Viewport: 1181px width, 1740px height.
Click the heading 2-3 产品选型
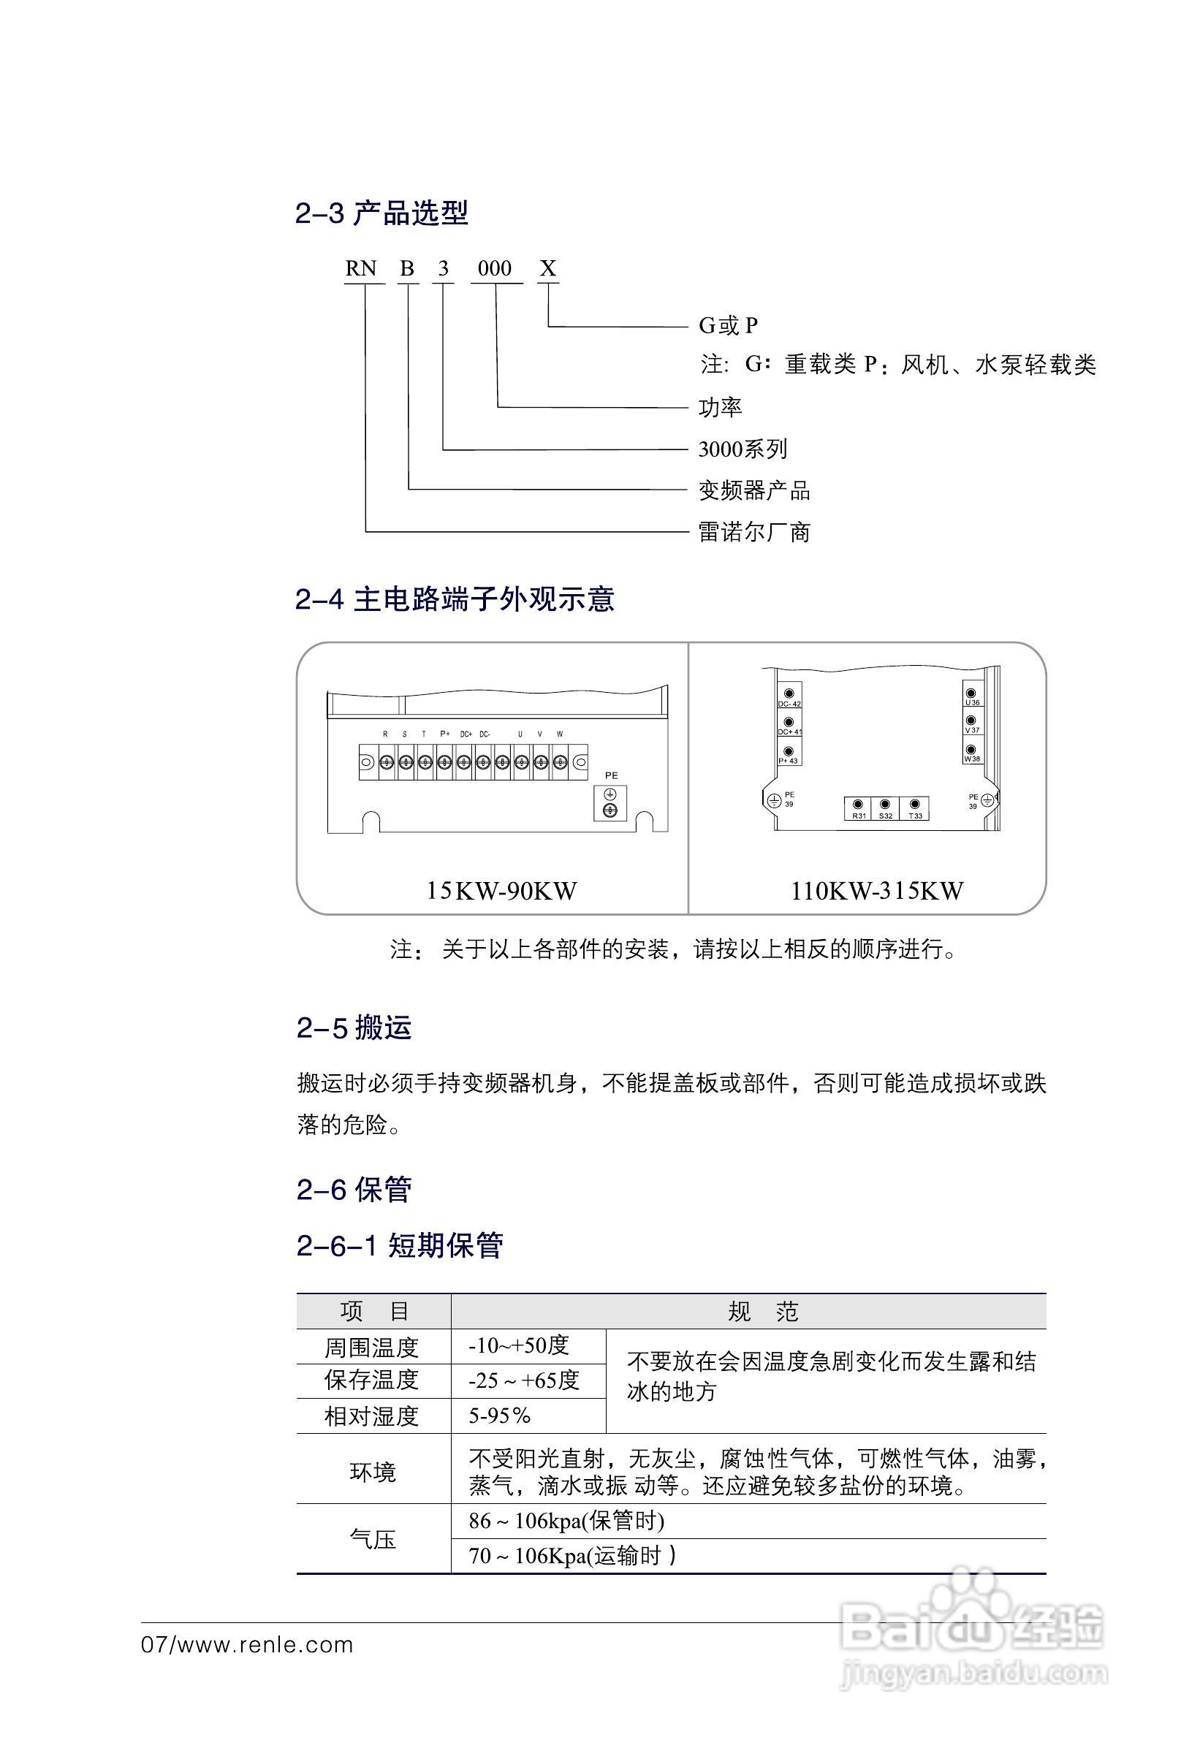tap(381, 213)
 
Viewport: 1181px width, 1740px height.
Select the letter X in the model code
tap(548, 269)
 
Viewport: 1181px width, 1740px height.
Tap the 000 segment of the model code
tap(494, 269)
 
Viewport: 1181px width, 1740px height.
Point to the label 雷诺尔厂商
tap(753, 532)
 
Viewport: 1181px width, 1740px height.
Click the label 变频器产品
tap(753, 491)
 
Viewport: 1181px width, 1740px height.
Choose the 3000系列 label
tap(743, 449)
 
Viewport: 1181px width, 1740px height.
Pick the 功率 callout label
tap(720, 408)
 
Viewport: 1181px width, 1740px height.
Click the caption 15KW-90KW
tap(501, 891)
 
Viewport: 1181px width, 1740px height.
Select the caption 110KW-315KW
tap(876, 891)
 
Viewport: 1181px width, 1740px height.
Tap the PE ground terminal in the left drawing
tap(610, 802)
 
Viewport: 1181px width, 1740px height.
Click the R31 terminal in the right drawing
tap(858, 808)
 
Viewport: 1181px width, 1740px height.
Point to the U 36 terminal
tap(971, 696)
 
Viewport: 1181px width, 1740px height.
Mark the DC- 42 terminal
tap(789, 696)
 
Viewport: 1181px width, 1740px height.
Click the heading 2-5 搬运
tap(354, 1028)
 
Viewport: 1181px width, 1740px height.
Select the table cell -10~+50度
tap(519, 1346)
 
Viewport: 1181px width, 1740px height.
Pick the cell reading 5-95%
tap(499, 1416)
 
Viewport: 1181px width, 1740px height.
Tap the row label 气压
tap(372, 1539)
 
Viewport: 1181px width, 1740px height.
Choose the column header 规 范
tap(763, 1312)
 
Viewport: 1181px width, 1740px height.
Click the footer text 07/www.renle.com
tap(247, 1646)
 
